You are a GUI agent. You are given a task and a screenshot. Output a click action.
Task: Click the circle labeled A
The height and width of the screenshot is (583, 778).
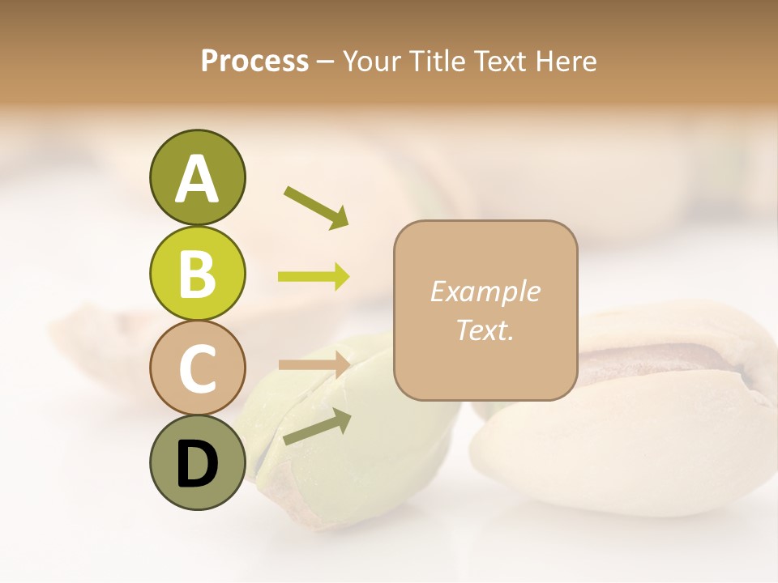click(x=197, y=177)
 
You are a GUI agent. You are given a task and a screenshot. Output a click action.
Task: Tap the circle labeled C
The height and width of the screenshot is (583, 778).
click(x=197, y=368)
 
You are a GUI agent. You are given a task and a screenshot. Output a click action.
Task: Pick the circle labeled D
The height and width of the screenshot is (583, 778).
click(x=197, y=462)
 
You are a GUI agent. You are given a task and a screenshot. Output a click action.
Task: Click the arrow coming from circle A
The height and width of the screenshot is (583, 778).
click(x=316, y=206)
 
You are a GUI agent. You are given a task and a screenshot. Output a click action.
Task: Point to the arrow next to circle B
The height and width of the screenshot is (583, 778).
click(x=314, y=277)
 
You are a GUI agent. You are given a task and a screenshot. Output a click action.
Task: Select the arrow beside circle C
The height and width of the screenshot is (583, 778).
click(x=314, y=364)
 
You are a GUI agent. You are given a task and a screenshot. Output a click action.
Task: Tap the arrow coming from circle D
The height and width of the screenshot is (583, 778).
click(x=316, y=427)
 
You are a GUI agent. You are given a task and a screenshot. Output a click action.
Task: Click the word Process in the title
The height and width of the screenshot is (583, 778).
click(x=254, y=61)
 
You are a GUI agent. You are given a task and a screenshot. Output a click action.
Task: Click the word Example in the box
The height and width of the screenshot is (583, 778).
click(x=485, y=291)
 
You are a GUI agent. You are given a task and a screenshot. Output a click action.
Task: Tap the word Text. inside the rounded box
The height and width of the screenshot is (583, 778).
click(x=485, y=330)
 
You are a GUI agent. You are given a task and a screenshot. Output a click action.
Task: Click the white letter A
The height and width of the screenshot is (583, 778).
click(x=197, y=179)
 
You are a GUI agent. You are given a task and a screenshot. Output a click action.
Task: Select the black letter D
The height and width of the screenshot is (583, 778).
click(x=197, y=464)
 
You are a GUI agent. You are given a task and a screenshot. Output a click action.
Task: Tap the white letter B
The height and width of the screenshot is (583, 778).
click(x=197, y=274)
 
